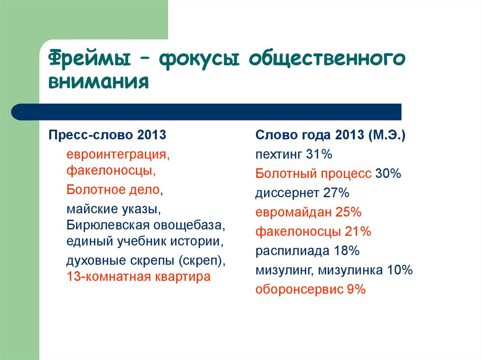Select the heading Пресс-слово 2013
click(108, 135)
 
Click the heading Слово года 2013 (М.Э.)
click(331, 135)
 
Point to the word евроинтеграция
click(117, 154)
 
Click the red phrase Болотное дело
click(113, 190)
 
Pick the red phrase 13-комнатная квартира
click(138, 276)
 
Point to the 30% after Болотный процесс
click(388, 174)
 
